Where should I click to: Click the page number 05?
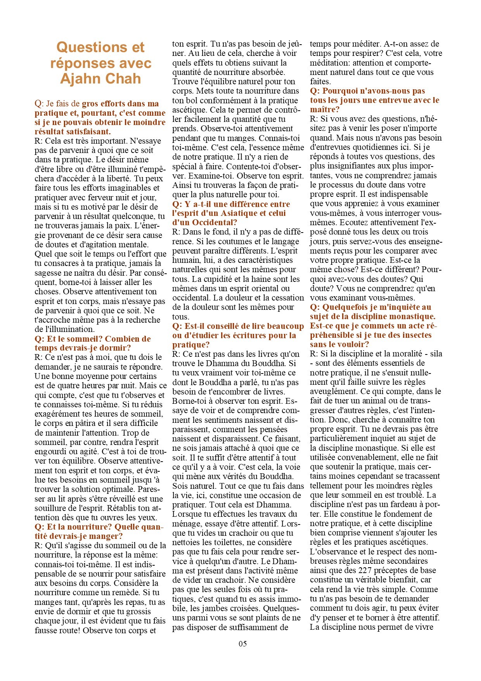point(242,643)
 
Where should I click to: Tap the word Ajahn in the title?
point(79,79)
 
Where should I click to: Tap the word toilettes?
point(220,542)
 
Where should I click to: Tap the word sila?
point(436,354)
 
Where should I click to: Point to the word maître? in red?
point(325,109)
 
